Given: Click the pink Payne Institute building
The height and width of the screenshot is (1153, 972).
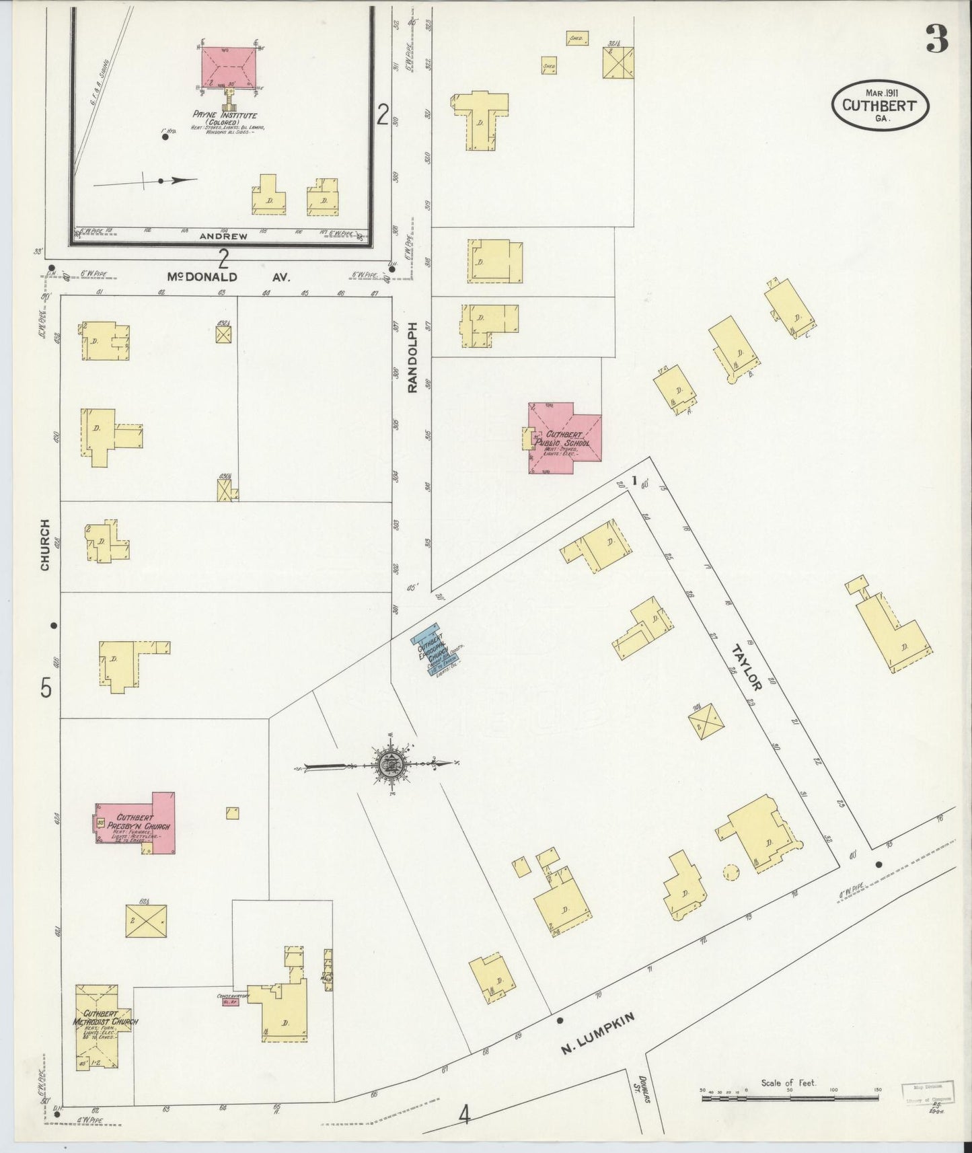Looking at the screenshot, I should point(229,67).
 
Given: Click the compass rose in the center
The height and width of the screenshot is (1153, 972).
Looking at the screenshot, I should point(389,764).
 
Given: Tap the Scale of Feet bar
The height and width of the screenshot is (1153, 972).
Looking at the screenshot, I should point(790,1098).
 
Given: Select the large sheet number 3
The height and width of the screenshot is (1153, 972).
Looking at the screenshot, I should point(936,39).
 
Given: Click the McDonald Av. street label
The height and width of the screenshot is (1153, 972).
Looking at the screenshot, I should point(229,276).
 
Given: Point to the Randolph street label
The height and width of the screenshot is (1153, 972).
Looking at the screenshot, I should point(413,357).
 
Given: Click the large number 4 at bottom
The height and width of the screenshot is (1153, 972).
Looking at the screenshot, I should point(463,1115).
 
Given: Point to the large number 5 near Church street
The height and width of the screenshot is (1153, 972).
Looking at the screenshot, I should point(46,688).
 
